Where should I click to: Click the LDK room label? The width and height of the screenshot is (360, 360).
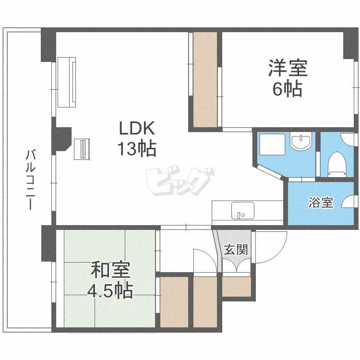[136, 129]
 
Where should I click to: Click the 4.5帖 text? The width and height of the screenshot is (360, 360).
[110, 290]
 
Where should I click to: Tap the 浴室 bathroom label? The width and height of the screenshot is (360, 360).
[321, 203]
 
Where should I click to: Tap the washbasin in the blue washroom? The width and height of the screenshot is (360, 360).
[300, 142]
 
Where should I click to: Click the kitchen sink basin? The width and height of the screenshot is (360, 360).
[242, 210]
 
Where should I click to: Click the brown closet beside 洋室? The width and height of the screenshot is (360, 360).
[205, 79]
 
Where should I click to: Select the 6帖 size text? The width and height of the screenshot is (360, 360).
[288, 89]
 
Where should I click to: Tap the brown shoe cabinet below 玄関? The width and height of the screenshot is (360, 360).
[236, 286]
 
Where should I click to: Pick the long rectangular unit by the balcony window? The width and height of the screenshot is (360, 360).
[67, 82]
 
